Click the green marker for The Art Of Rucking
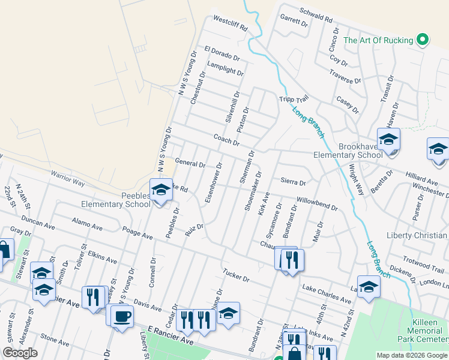tap(422, 40)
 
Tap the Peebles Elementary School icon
tap(161, 190)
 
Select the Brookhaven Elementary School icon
tap(388, 140)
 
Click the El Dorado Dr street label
tap(221, 53)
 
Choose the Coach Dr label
tap(226, 140)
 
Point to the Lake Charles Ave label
tap(327, 293)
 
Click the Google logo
tap(20, 353)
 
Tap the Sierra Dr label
tap(293, 182)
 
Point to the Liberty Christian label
tap(417, 235)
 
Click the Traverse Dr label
tap(345, 76)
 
